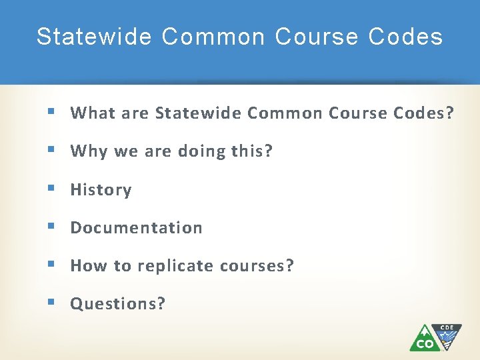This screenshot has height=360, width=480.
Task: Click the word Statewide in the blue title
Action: click(94, 37)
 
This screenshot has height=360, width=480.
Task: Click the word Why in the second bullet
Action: click(89, 151)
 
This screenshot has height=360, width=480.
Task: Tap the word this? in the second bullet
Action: click(252, 151)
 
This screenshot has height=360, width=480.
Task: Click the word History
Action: click(101, 190)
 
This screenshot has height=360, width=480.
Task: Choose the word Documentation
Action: click(136, 228)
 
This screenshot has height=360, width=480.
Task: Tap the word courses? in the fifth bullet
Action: click(257, 266)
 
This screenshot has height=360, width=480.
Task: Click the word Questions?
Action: click(118, 304)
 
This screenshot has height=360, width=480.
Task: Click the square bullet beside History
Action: click(52, 189)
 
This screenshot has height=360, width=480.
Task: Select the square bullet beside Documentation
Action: click(52, 227)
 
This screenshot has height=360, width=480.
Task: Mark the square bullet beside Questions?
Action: click(52, 303)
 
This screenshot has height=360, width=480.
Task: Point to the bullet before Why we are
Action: click(52, 151)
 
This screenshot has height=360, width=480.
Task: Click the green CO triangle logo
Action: click(423, 339)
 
